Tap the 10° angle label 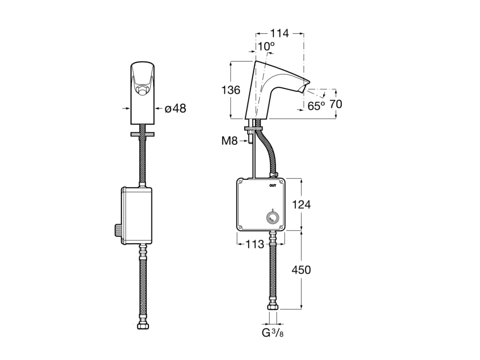point(265,46)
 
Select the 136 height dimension point(231,90)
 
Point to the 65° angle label point(316,106)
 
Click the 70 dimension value point(336,104)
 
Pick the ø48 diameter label point(175,108)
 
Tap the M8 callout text point(230,141)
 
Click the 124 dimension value point(301,204)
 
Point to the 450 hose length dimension point(301,270)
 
